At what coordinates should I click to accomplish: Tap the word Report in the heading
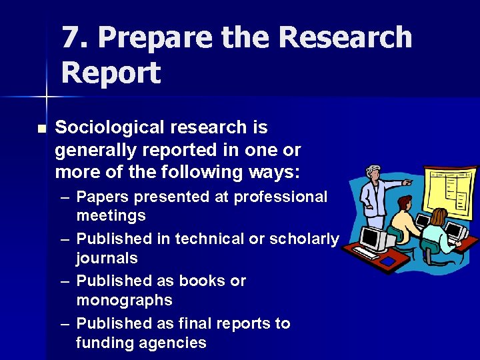pos(111,73)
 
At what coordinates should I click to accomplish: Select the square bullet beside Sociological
pos(42,128)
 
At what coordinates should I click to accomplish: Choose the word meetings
pos(111,216)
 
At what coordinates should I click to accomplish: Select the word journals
pos(107,258)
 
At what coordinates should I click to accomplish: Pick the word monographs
pos(124,301)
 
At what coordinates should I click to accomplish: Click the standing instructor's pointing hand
pos(408,181)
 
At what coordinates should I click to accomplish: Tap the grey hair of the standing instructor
pos(375,171)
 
